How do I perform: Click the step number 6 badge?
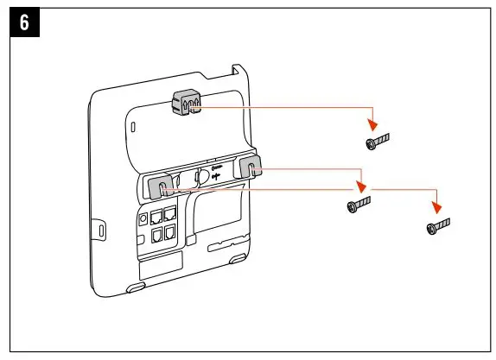pos(23,23)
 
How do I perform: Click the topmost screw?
pos(378,140)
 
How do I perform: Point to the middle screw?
pos(359,205)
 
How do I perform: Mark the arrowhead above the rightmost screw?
pos(438,209)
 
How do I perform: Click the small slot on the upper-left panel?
pos(132,127)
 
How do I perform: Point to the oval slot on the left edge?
pos(101,231)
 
